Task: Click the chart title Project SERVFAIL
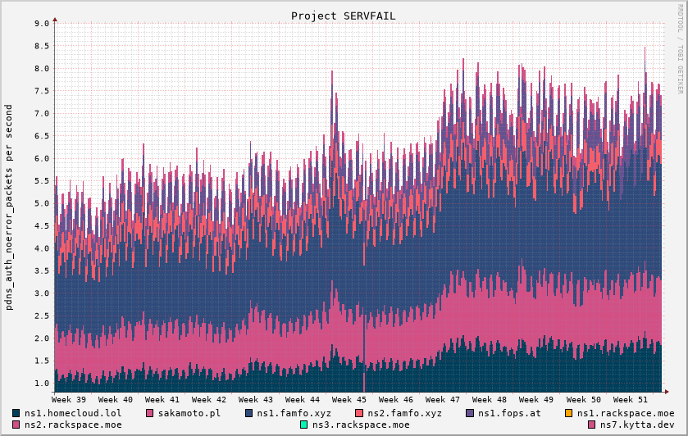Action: [x=343, y=16]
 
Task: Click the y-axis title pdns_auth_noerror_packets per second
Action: [x=9, y=207]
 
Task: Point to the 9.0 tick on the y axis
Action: [x=42, y=24]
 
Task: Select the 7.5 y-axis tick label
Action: [x=42, y=91]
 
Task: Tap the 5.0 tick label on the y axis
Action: [x=42, y=203]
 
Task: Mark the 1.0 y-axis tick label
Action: [x=42, y=384]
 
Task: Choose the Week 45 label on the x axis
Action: [x=349, y=399]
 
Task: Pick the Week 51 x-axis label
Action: [x=631, y=399]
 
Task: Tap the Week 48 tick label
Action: [x=490, y=399]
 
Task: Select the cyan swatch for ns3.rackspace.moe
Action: [x=304, y=425]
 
